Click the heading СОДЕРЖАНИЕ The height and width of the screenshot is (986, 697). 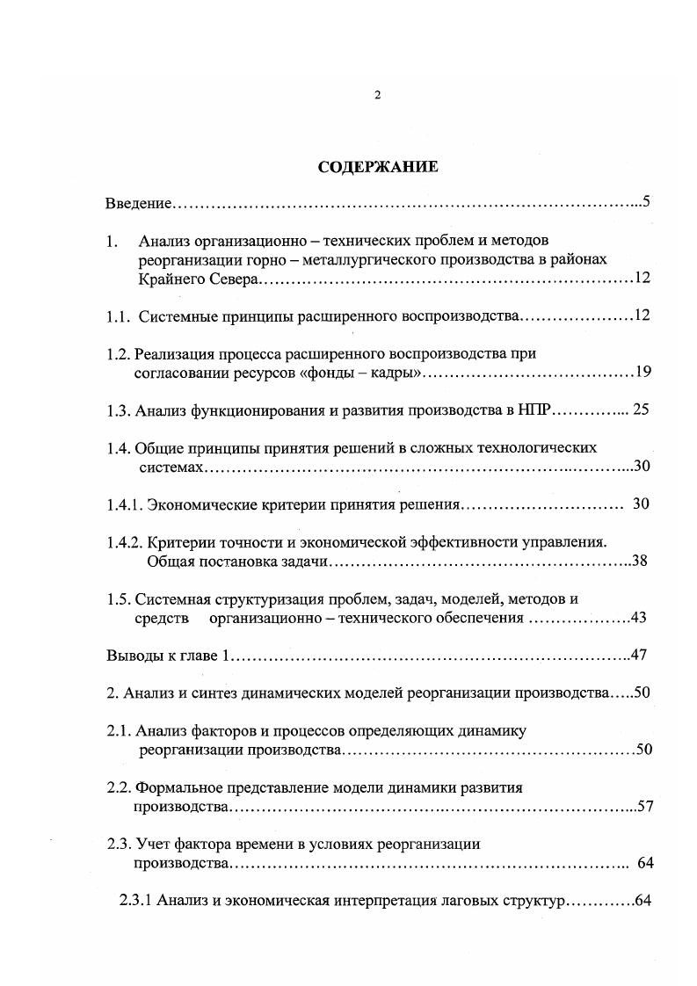click(x=376, y=167)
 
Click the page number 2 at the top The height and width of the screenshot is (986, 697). click(x=377, y=96)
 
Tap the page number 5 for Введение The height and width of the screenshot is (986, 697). click(x=645, y=202)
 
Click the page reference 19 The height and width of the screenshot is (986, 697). click(x=642, y=373)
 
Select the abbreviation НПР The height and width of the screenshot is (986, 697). click(x=535, y=410)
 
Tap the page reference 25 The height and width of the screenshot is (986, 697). click(x=641, y=410)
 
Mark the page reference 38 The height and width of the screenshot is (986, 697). click(x=640, y=561)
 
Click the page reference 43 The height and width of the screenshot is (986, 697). click(x=639, y=618)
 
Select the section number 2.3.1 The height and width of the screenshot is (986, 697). click(x=136, y=902)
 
